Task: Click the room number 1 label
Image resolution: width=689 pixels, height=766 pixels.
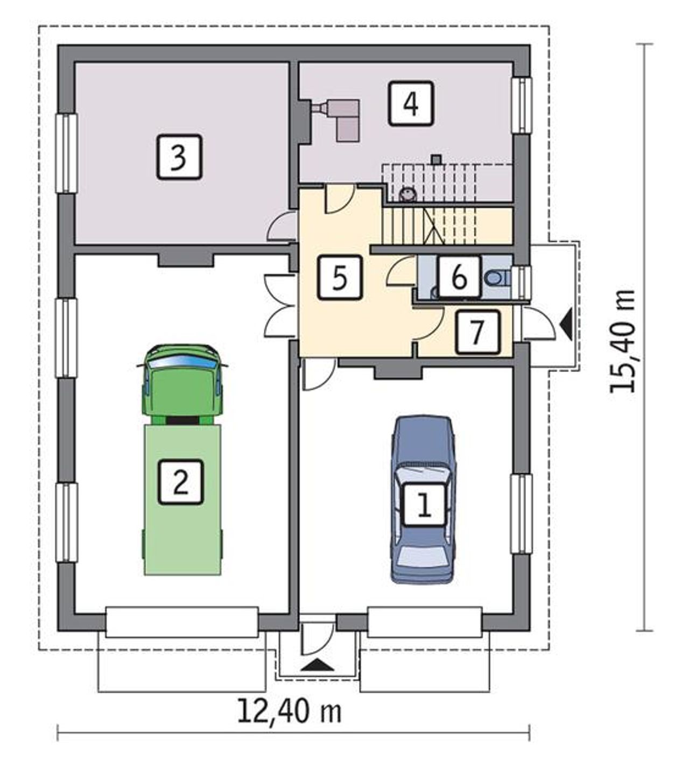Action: point(424,505)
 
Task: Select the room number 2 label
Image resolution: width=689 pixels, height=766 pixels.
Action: point(181,482)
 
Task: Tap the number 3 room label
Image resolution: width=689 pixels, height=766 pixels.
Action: point(179,157)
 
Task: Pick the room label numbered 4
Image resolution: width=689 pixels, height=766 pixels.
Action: point(411,103)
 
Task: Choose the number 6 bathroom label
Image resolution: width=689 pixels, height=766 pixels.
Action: point(459,277)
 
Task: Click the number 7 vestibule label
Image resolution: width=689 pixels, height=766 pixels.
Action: point(477,332)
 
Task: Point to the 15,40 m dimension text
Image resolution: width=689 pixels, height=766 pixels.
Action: point(622,341)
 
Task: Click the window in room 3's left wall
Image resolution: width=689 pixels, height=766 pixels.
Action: point(67,153)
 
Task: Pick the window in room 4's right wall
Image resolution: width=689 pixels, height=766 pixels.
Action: point(522,105)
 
